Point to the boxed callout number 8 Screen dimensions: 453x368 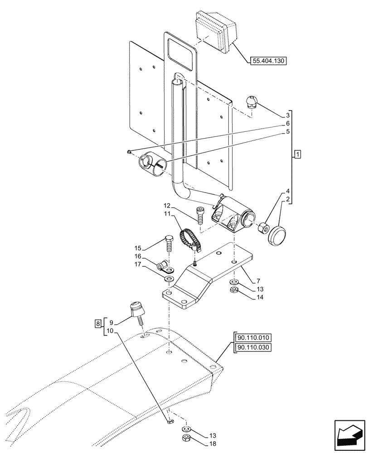point(97,323)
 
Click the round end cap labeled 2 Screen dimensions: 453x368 point(277,237)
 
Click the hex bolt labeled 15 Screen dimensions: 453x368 point(169,245)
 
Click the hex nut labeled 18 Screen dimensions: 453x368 point(186,438)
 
